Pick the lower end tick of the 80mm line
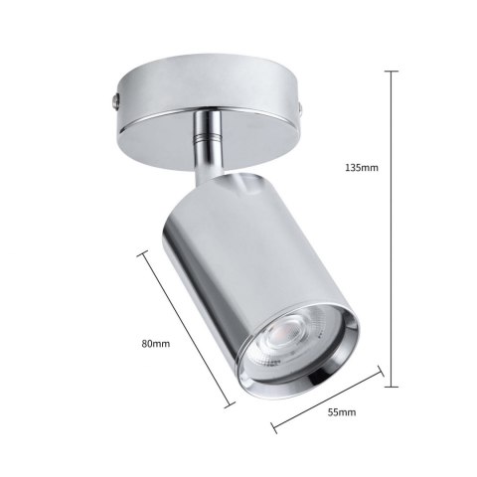[x=231, y=404]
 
